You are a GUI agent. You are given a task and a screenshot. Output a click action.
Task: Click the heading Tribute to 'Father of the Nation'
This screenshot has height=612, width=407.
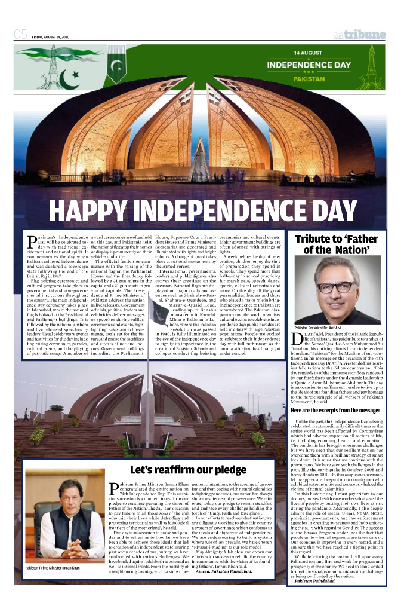337,244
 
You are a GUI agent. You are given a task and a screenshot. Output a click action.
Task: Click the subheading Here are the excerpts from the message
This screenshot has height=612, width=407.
334,410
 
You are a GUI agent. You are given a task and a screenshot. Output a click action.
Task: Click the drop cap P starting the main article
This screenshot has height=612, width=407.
32,242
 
